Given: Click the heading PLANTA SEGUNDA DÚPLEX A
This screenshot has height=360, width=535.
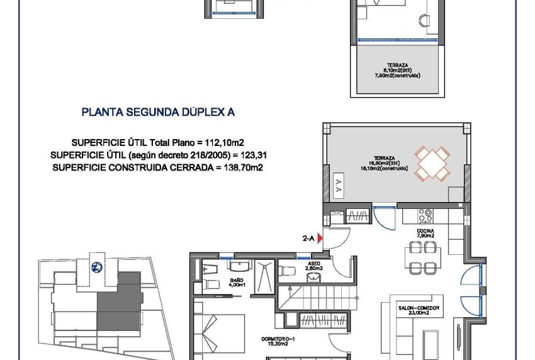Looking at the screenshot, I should point(158,113).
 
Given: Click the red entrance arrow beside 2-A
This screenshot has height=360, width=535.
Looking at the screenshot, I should point(320,239).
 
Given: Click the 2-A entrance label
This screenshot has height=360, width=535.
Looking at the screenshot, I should point(308,239).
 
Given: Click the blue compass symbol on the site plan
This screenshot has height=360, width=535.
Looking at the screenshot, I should point(97,266).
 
